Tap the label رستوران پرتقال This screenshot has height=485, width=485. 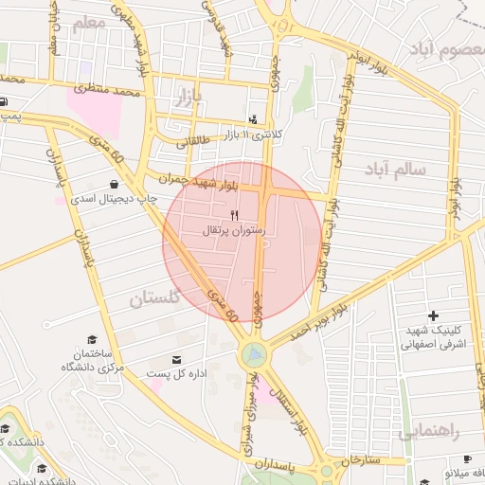point(234,230)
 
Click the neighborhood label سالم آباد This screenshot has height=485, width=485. point(396,169)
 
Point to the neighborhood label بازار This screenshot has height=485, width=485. point(189,95)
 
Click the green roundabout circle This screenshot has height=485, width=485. point(254,354)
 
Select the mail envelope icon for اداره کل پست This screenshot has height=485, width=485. point(177,360)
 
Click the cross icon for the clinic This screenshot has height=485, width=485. point(433,315)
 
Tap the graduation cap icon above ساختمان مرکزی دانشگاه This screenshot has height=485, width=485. point(92,339)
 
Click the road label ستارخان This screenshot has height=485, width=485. point(358,459)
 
